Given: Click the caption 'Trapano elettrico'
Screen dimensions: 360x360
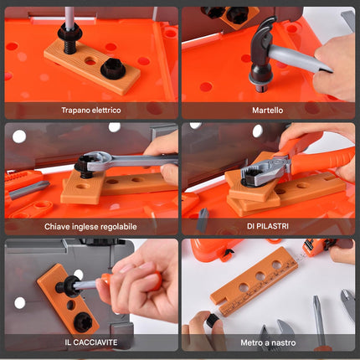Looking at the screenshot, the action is coord(91,111).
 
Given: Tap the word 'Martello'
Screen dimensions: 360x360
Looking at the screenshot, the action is coord(268,111).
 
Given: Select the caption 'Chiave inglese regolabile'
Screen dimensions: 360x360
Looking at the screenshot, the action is coord(90,226).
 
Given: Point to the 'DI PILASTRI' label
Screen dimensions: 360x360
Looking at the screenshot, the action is coord(268,226).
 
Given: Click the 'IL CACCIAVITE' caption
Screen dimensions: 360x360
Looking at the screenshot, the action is coord(91,342).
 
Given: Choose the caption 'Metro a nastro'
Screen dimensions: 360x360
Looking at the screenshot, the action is coord(268,342).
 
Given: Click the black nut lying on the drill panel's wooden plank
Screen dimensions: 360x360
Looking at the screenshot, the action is coord(113,68).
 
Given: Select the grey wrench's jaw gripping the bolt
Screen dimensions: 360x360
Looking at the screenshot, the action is coord(96,161).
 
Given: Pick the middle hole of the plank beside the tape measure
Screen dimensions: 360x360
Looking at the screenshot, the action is coord(260,276).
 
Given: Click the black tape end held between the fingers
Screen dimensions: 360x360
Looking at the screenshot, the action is coord(213,320).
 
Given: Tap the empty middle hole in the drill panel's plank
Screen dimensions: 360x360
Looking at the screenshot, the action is coord(90,60).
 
